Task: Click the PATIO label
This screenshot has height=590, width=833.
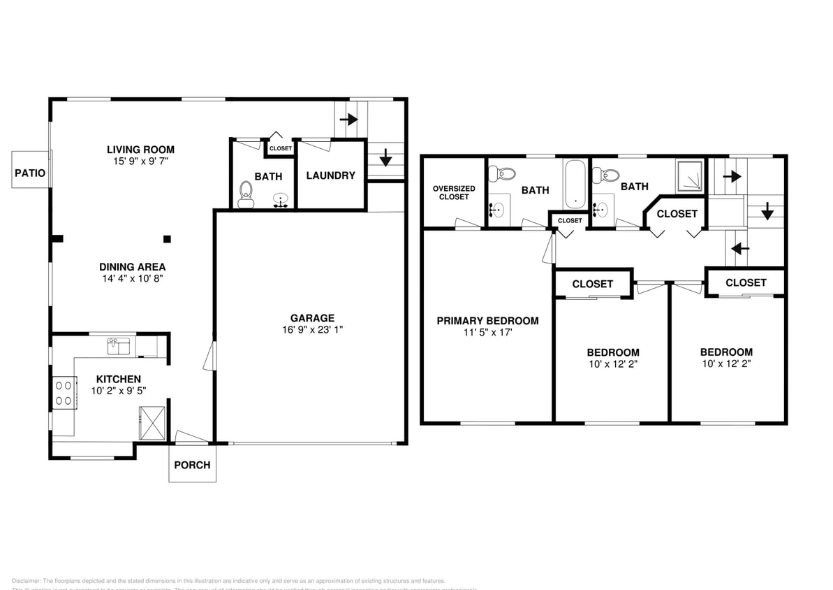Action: (30, 172)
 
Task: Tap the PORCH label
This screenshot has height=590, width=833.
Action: (192, 465)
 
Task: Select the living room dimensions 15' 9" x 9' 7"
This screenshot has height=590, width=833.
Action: (140, 161)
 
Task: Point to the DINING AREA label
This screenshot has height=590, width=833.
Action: (132, 266)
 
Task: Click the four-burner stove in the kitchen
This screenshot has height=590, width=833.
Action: (64, 391)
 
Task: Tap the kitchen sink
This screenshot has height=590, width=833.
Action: (118, 345)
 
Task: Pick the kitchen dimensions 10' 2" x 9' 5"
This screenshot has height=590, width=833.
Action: (118, 391)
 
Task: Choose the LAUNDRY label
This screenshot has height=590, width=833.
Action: (330, 175)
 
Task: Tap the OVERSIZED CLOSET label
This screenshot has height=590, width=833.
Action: (454, 192)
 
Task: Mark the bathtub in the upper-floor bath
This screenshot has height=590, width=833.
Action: (575, 184)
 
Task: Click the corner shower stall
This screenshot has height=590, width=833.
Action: (690, 176)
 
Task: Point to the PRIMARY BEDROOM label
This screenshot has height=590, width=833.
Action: (487, 321)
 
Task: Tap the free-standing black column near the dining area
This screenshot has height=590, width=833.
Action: (166, 239)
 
